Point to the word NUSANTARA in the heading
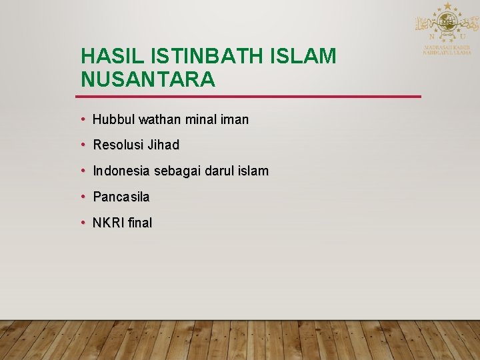click(x=148, y=80)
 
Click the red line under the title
click(x=251, y=97)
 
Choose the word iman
click(x=233, y=120)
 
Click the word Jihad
click(x=163, y=145)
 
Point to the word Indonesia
click(x=121, y=171)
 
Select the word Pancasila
click(x=121, y=197)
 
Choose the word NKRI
click(x=109, y=223)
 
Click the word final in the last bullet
click(x=140, y=223)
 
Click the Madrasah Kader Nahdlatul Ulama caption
click(x=447, y=50)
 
